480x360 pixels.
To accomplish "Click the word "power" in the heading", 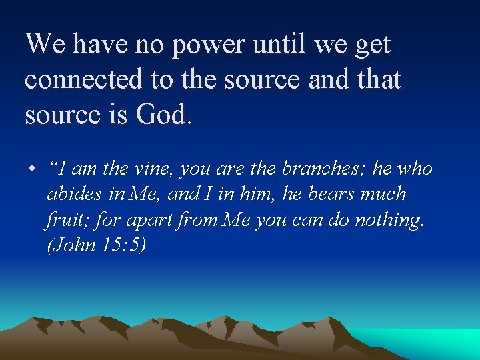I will tap(202, 45).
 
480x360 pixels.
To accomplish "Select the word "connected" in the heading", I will tap(83, 80).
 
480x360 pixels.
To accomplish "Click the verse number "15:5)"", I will tap(123, 245).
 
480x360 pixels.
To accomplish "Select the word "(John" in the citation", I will tap(71, 245).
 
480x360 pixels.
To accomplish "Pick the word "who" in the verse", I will tap(413, 169).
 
